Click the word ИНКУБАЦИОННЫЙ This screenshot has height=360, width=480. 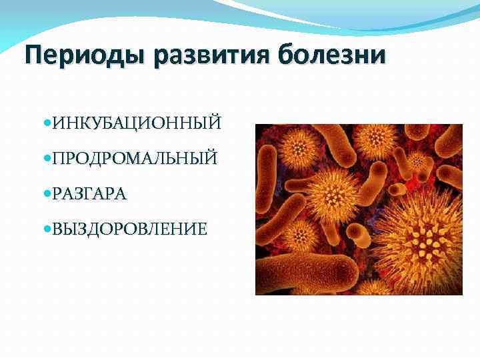tap(137, 123)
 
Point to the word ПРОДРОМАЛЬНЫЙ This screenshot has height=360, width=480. tap(134, 159)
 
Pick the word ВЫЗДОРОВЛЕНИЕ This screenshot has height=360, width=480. tap(129, 229)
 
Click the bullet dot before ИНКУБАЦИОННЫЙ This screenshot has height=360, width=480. tap(45, 124)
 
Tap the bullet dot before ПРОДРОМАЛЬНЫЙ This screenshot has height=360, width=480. tap(45, 159)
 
